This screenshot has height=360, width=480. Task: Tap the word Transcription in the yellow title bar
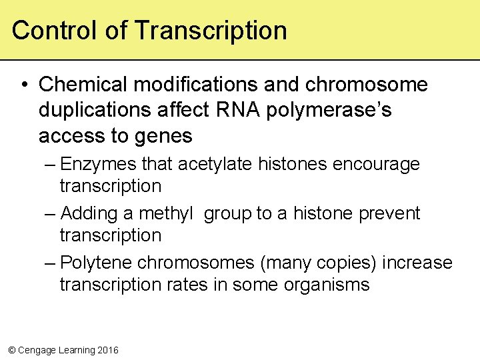(x=211, y=31)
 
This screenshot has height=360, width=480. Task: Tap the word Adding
(x=89, y=213)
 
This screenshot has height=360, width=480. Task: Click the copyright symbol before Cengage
(x=11, y=350)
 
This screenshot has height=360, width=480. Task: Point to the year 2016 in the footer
(x=107, y=350)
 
